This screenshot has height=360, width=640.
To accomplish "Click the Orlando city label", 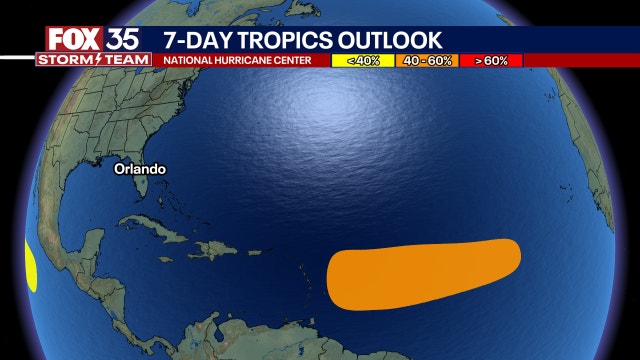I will click(x=140, y=169).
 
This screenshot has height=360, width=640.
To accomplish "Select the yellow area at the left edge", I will click(x=30, y=264).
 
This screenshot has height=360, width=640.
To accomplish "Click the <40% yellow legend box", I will click(x=364, y=61).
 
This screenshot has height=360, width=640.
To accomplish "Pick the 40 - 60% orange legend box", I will click(x=427, y=61).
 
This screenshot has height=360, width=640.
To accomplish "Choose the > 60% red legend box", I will click(x=492, y=61).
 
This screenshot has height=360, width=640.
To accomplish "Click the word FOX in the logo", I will click(x=73, y=39).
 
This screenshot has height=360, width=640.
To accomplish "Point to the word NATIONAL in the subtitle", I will click(x=191, y=61).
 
